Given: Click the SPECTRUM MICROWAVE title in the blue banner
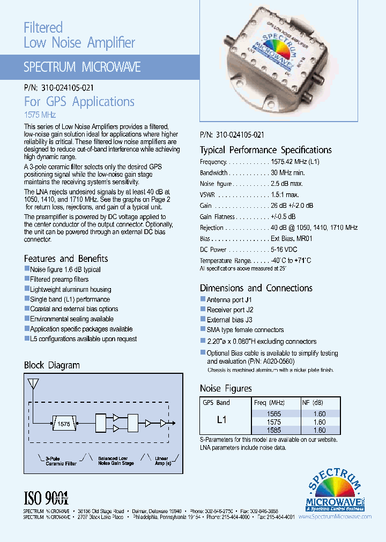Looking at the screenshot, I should [x=82, y=67].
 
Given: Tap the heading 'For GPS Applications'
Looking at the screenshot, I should [x=79, y=102].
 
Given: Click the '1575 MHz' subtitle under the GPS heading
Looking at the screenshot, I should [x=40, y=115].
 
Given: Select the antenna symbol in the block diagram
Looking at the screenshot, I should [x=33, y=383].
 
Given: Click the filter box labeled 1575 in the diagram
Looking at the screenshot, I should [x=63, y=424].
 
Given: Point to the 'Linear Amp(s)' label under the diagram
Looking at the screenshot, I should [x=161, y=461].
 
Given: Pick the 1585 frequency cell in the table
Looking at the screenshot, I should [x=273, y=430].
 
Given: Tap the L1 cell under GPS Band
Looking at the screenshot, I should [x=222, y=420].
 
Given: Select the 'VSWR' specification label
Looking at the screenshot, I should [x=207, y=195].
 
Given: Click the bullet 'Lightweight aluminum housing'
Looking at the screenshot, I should [x=70, y=289].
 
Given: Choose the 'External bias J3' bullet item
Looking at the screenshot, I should [x=229, y=320].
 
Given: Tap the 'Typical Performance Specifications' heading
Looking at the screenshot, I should [x=265, y=150].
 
